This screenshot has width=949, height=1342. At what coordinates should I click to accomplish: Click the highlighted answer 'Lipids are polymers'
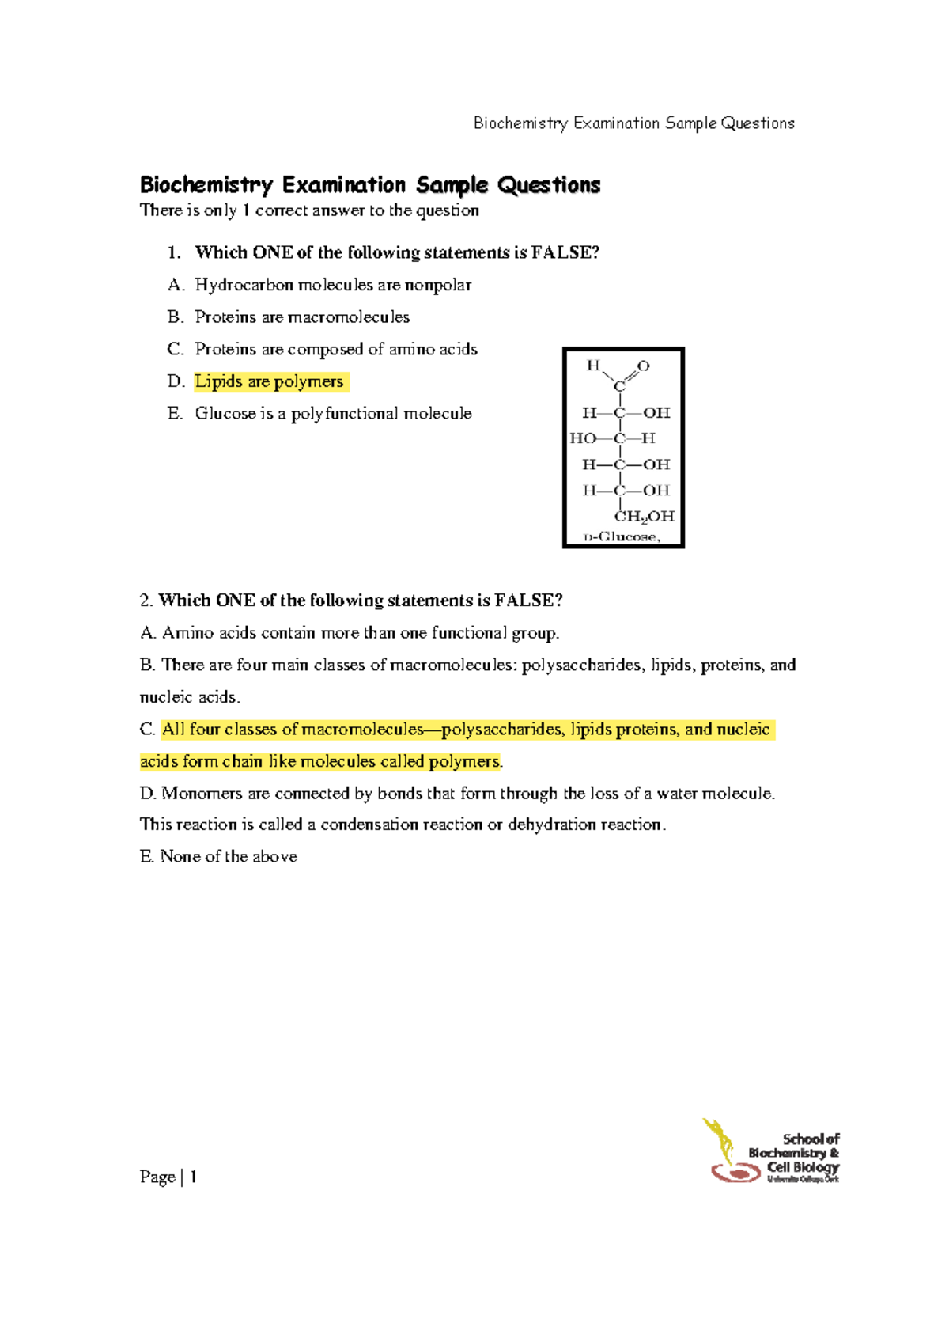point(269,381)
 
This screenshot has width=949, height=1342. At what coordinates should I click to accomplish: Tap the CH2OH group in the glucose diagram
point(645,517)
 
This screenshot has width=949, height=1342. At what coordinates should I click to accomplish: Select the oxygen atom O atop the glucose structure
point(644,366)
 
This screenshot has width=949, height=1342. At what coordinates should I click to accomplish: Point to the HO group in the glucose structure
point(583,438)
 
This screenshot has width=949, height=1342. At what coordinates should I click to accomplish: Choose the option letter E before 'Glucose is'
point(174,414)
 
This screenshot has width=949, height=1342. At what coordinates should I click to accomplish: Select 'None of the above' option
point(229,857)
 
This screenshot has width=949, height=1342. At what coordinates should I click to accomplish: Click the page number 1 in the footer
point(194,1177)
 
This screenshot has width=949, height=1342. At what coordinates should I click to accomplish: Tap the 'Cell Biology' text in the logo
point(803,1167)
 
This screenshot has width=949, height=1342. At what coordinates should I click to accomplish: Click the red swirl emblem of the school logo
point(735,1172)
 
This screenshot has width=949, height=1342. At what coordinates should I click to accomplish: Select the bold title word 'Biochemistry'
point(206,185)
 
